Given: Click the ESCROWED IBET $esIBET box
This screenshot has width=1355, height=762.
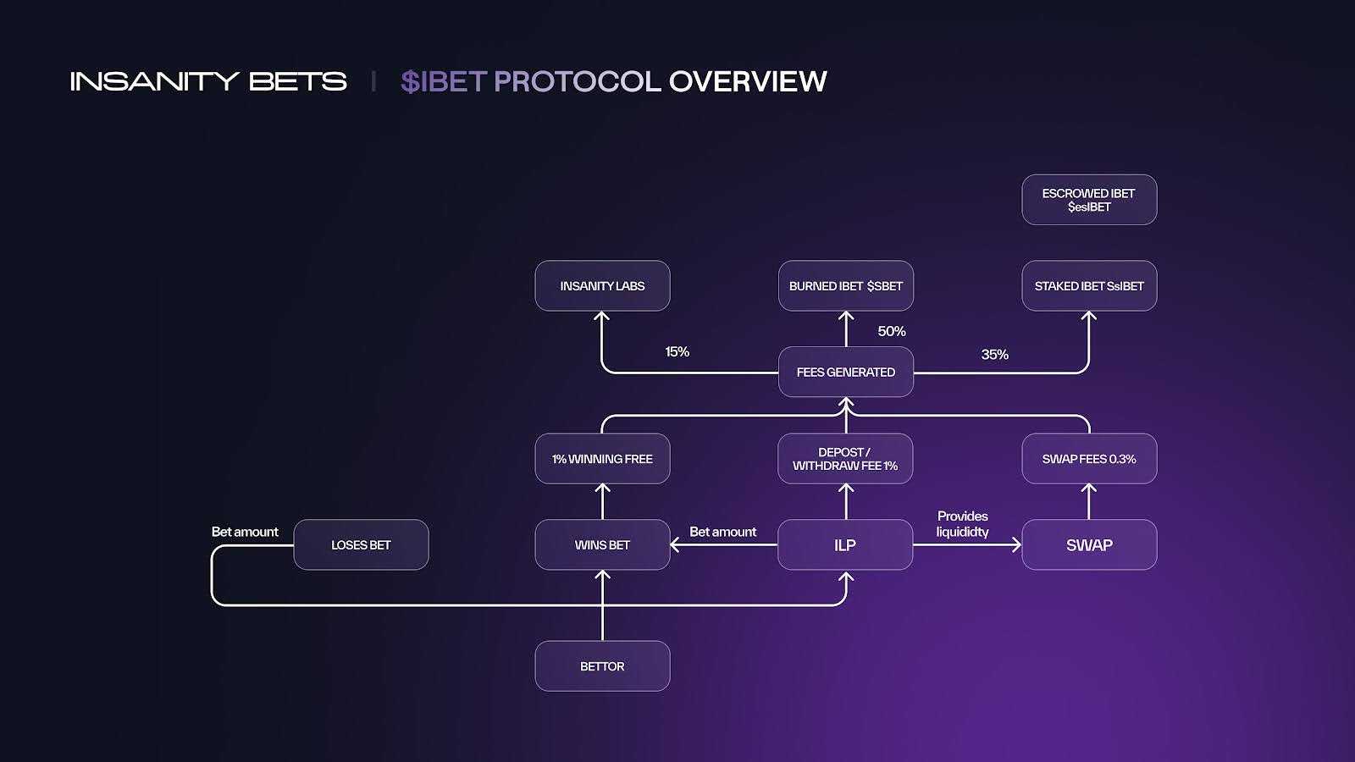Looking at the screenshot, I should [1089, 200].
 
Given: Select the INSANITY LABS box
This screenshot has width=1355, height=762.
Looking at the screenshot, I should [602, 286].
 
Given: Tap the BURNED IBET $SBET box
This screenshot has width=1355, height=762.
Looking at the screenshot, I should [845, 286].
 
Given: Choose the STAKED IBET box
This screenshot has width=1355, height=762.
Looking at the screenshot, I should [1089, 286].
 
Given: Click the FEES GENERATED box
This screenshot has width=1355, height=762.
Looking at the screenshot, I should [845, 372].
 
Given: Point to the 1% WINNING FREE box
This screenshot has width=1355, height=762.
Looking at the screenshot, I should [602, 459].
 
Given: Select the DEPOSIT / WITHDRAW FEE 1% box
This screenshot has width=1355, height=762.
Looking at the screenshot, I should [845, 459].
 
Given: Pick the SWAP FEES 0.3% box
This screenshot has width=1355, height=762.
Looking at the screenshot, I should [1089, 459].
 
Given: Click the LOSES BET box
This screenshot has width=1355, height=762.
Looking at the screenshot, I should [361, 545].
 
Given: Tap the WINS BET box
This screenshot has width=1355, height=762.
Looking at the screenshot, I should [602, 545].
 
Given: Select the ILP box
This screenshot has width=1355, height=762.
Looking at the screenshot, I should [845, 545].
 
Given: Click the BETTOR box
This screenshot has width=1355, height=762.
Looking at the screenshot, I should [602, 666].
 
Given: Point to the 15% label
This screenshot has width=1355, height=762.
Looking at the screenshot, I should [677, 351].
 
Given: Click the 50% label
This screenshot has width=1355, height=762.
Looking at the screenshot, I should [892, 331].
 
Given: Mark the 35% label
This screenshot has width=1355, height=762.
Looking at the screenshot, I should [994, 354].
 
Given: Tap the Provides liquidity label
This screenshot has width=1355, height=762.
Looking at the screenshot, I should [962, 524].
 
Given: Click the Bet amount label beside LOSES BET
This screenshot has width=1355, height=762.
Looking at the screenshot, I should [245, 532].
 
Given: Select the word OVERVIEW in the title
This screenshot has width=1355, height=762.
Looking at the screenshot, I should [747, 81].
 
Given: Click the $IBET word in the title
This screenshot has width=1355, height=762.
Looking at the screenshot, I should [443, 81].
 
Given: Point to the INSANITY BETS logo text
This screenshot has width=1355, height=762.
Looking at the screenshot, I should [208, 81].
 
